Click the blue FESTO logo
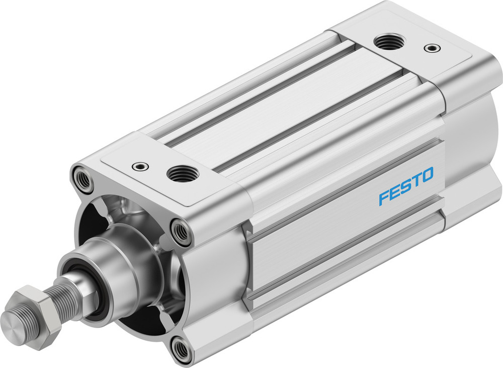(x=406, y=187)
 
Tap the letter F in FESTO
(x=385, y=198)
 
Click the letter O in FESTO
(x=426, y=176)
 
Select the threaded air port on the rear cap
(x=390, y=42)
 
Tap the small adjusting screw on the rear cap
(x=432, y=48)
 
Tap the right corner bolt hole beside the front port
(x=181, y=231)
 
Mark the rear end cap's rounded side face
(x=473, y=146)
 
